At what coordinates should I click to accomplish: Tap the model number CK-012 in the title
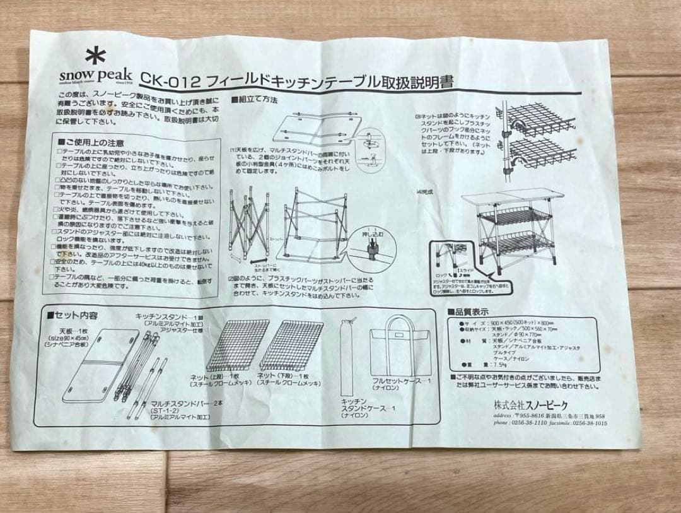[170, 80]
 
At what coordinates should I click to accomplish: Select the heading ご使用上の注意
[95, 143]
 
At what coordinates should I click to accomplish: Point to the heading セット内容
[76, 314]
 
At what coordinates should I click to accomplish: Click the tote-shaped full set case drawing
[400, 353]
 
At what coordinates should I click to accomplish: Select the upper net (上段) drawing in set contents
[230, 345]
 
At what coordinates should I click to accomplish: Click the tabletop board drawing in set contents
[101, 365]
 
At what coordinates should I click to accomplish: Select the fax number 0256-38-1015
[594, 424]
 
